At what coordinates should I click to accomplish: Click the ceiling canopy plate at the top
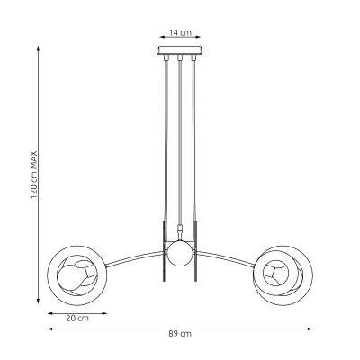[179, 51]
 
